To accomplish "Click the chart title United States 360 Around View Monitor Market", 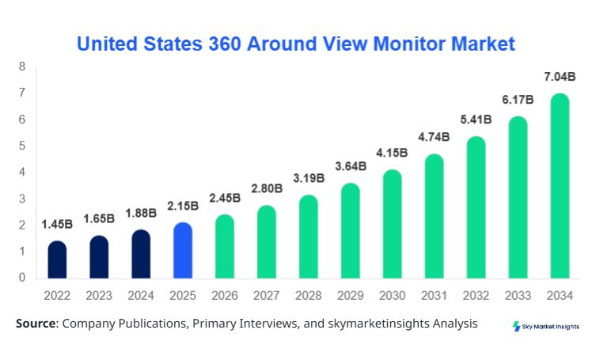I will click(x=295, y=43).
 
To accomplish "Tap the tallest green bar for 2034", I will click(x=560, y=186).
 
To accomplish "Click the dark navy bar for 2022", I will click(x=57, y=260).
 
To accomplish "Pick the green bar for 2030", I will click(x=392, y=224).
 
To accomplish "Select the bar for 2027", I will click(x=267, y=241).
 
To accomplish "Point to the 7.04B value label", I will click(x=560, y=78).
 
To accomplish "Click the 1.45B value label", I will click(x=57, y=225).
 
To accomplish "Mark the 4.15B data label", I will click(x=392, y=153).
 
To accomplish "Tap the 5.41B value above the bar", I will click(x=476, y=120).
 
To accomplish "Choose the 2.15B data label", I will click(x=183, y=206).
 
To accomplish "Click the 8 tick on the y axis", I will click(x=22, y=66).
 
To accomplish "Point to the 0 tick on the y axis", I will click(x=22, y=278).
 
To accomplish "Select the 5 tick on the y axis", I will click(x=22, y=146).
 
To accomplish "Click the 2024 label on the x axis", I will click(x=141, y=295).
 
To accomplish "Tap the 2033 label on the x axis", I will click(x=518, y=295).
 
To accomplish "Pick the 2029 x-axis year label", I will click(x=350, y=295).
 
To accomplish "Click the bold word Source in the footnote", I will click(x=36, y=324).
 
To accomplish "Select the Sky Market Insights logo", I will click(x=545, y=326).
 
